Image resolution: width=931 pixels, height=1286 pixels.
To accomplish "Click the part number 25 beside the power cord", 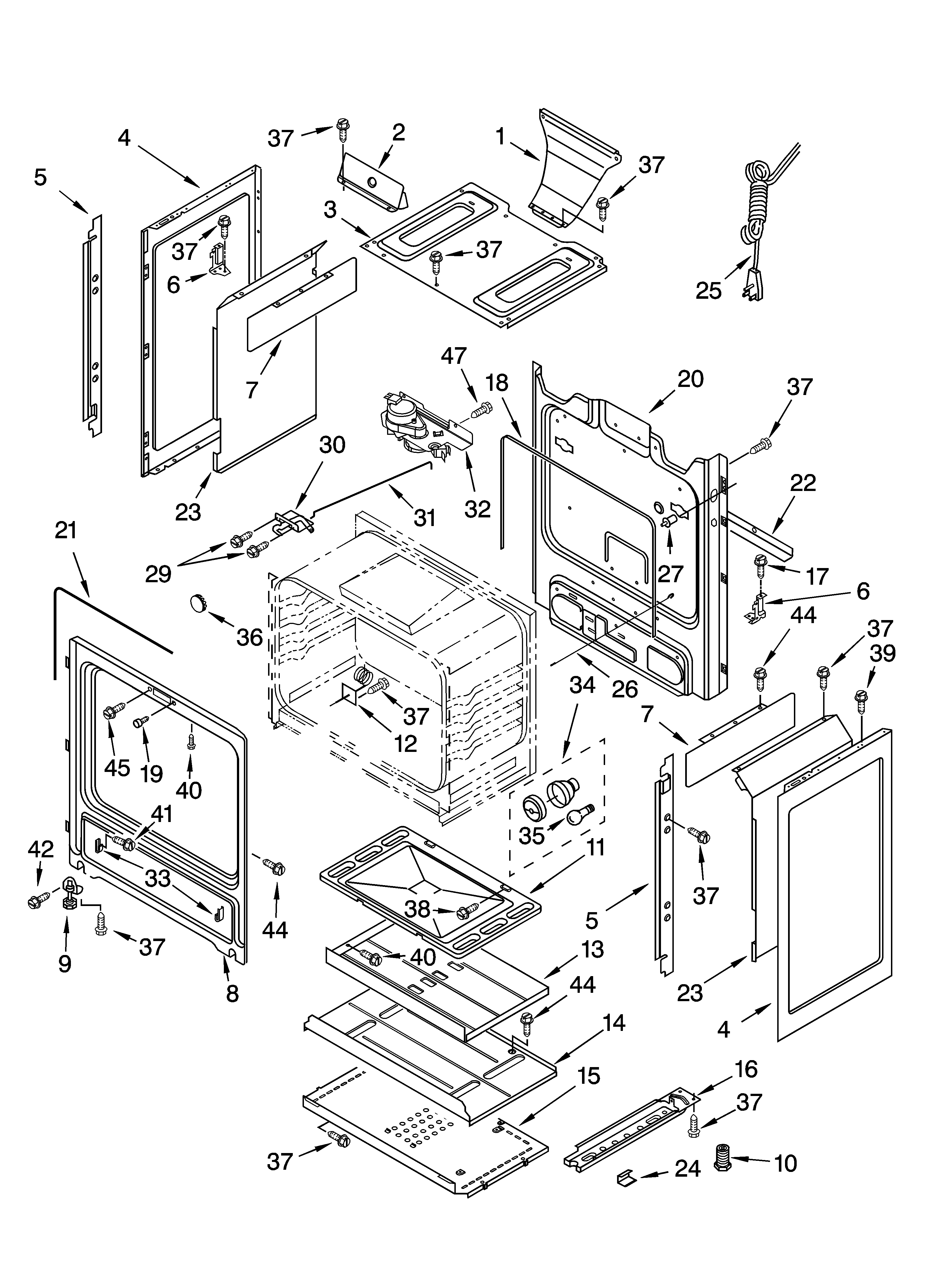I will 709,291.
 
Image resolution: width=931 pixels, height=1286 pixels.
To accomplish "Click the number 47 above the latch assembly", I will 454,356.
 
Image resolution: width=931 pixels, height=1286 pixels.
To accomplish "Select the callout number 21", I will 66,530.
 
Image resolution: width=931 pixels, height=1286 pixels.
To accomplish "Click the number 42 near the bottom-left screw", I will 41,849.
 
